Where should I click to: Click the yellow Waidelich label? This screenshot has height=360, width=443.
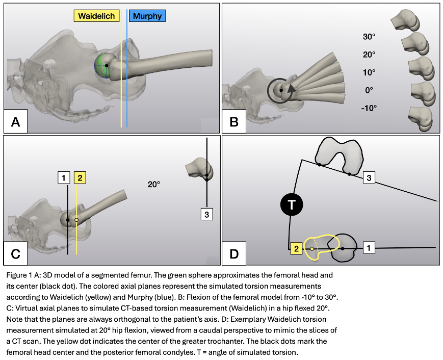97,16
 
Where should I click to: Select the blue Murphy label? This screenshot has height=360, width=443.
147,16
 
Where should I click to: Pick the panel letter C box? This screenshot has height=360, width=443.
16,253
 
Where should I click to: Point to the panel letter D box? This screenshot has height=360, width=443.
234,253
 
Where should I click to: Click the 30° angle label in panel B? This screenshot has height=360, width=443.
369,37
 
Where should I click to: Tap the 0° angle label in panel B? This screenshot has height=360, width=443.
369,90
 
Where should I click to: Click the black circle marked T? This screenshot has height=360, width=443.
291,205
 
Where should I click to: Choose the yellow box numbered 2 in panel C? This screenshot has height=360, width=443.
81,177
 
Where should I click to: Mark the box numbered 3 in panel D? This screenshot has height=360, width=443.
370,177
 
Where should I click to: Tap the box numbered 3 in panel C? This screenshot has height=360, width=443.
206,215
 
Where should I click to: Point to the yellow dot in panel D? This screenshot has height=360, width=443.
311,249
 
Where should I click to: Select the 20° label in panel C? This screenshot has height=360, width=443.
154,184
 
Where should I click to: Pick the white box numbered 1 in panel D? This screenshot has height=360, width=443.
370,248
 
